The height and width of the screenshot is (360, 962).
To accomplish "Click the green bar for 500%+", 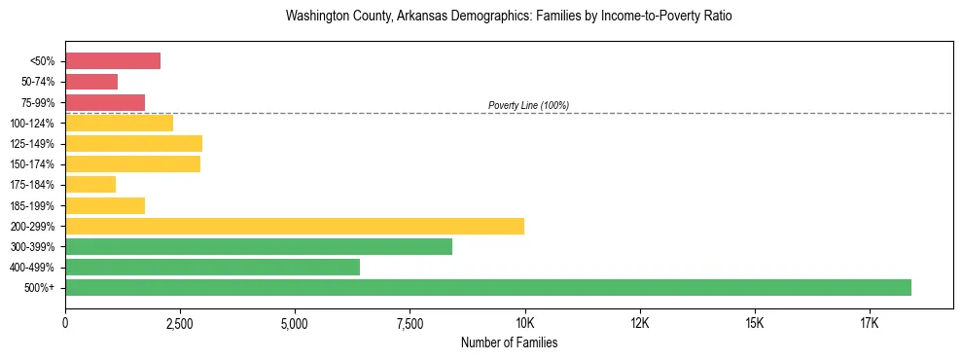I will (x=488, y=287).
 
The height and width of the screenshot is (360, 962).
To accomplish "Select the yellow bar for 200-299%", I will (x=295, y=226).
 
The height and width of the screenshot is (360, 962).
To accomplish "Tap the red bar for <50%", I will (x=113, y=61).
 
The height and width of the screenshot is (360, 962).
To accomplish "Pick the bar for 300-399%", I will (x=259, y=246).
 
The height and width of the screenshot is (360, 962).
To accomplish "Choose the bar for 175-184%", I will (x=90, y=185).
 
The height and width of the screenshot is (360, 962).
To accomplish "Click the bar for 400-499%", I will (x=212, y=267).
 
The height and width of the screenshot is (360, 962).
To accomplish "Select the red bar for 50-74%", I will (x=91, y=82).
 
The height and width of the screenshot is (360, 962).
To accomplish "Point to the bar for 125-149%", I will (x=133, y=143).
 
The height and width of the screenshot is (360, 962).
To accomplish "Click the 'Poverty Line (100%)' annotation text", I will (x=528, y=105).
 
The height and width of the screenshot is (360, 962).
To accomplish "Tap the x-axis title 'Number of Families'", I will (x=509, y=343).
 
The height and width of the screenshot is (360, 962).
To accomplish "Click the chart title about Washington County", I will (x=509, y=17).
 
